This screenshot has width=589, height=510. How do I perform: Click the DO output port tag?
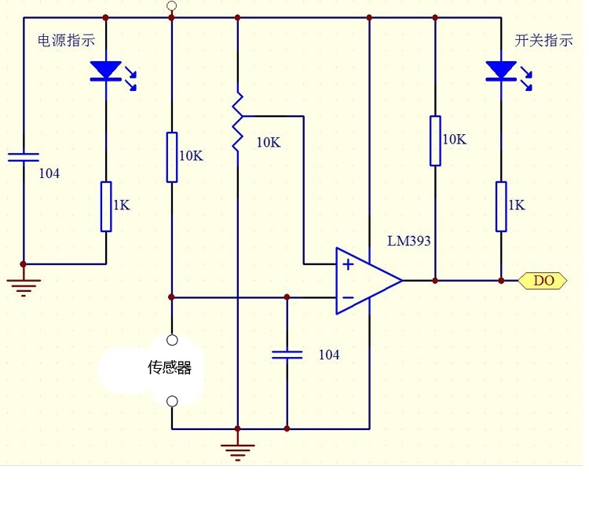(543, 280)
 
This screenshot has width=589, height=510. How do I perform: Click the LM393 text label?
(408, 241)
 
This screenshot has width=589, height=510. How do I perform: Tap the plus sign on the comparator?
(348, 264)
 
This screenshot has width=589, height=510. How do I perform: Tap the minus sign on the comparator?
(348, 297)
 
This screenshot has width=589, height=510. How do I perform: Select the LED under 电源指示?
(106, 71)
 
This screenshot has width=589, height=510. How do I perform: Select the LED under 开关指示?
(501, 71)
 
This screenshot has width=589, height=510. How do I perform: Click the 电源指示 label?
(67, 41)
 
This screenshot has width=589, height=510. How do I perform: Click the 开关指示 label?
(543, 41)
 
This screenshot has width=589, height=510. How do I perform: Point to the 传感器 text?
(170, 367)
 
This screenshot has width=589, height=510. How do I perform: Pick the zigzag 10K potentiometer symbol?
(238, 122)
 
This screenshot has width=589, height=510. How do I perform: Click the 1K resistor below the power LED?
(106, 207)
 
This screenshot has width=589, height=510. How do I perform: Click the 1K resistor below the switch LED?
(501, 207)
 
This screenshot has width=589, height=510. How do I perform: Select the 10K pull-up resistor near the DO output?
(435, 140)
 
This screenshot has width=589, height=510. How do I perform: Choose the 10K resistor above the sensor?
(172, 157)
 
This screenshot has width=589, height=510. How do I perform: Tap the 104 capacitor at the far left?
(24, 157)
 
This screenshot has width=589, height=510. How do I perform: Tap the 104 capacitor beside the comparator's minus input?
(287, 355)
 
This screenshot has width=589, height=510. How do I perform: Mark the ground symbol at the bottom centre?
(237, 452)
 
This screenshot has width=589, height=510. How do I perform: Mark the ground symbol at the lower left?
(24, 288)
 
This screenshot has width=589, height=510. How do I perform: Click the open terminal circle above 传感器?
(172, 340)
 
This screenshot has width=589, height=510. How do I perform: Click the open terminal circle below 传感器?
(172, 402)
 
